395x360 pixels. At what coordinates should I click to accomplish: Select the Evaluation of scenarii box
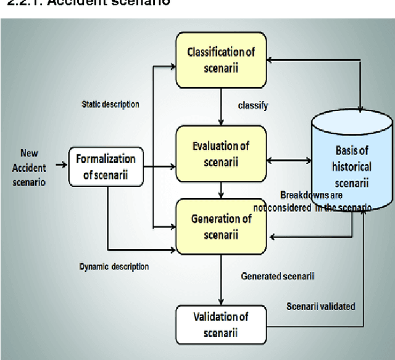[x=220, y=152]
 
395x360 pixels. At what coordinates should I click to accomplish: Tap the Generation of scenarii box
[x=220, y=225]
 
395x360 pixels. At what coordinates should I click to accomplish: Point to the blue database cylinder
[x=352, y=160]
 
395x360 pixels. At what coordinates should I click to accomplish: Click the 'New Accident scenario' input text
[x=32, y=166]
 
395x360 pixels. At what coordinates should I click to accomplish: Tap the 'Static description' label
[x=110, y=104]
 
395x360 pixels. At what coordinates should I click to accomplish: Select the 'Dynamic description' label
[x=114, y=267]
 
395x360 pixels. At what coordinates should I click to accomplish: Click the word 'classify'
[x=253, y=105]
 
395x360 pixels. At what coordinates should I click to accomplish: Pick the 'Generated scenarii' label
[x=277, y=276]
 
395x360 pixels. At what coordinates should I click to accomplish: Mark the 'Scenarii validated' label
[x=320, y=306]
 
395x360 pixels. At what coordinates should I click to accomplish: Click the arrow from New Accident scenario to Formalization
[x=60, y=165]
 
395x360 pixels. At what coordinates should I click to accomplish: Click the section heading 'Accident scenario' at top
[x=86, y=4]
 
